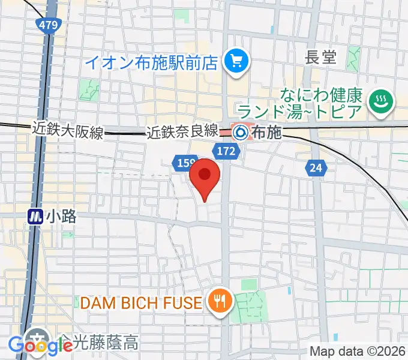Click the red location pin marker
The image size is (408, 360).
click(x=205, y=175)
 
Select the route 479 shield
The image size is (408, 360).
click(x=46, y=25)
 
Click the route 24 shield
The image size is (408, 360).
click(x=316, y=169)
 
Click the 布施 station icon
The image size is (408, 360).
click(x=241, y=131)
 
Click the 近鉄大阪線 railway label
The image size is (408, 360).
click(x=67, y=128)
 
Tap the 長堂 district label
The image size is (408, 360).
click(x=322, y=57)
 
